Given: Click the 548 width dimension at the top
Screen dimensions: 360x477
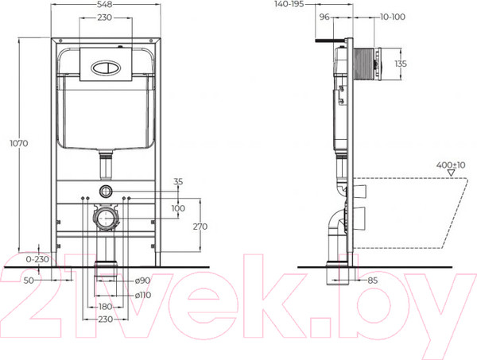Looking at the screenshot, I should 106,5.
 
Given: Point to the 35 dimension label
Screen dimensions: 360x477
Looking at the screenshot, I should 177,182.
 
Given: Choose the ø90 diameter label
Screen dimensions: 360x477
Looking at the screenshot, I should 142,280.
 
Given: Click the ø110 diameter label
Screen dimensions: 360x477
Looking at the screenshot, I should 144,294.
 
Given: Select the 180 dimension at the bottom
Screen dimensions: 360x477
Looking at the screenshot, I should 105,306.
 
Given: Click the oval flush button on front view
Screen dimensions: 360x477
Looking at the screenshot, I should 107,66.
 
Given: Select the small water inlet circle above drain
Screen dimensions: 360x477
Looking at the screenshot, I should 107,191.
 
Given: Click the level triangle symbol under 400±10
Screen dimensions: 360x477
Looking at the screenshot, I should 451,172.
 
